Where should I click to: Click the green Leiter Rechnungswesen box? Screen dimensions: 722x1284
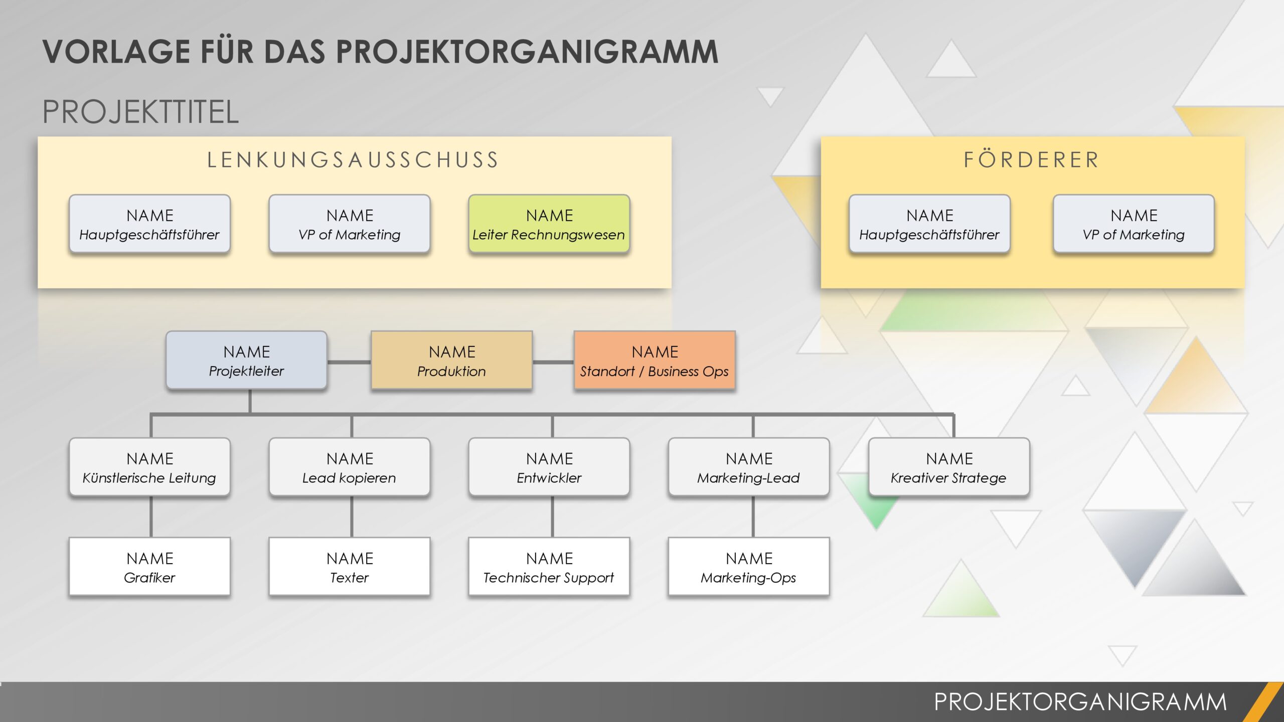click(x=549, y=224)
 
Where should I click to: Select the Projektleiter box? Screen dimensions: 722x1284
click(x=246, y=360)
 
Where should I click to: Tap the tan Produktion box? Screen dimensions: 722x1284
click(x=451, y=360)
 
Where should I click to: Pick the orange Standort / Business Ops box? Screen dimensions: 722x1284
click(x=655, y=360)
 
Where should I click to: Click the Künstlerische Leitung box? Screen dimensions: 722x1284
click(x=149, y=467)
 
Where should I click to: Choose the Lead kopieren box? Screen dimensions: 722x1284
click(x=350, y=467)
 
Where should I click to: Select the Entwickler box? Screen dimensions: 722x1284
click(x=549, y=467)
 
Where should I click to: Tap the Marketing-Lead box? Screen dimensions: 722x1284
click(x=749, y=467)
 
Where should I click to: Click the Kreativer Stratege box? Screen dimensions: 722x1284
click(x=949, y=467)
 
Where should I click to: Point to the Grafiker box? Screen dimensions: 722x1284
click(x=149, y=567)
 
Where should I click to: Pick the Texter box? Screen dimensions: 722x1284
click(x=350, y=567)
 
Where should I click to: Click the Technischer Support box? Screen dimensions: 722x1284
click(x=549, y=567)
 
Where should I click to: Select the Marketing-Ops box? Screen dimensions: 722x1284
click(x=749, y=567)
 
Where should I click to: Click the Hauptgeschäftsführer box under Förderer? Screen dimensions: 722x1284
click(x=929, y=224)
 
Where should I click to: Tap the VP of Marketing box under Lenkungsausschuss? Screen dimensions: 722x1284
click(x=350, y=224)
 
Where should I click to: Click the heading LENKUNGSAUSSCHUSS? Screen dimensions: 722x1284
click(x=354, y=160)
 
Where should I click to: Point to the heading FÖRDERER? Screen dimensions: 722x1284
click(x=1032, y=160)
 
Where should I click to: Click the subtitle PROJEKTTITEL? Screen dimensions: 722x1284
click(x=140, y=112)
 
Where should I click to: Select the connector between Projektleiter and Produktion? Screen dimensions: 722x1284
click(x=349, y=362)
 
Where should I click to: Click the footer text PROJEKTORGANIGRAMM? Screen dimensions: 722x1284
click(x=1080, y=701)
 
